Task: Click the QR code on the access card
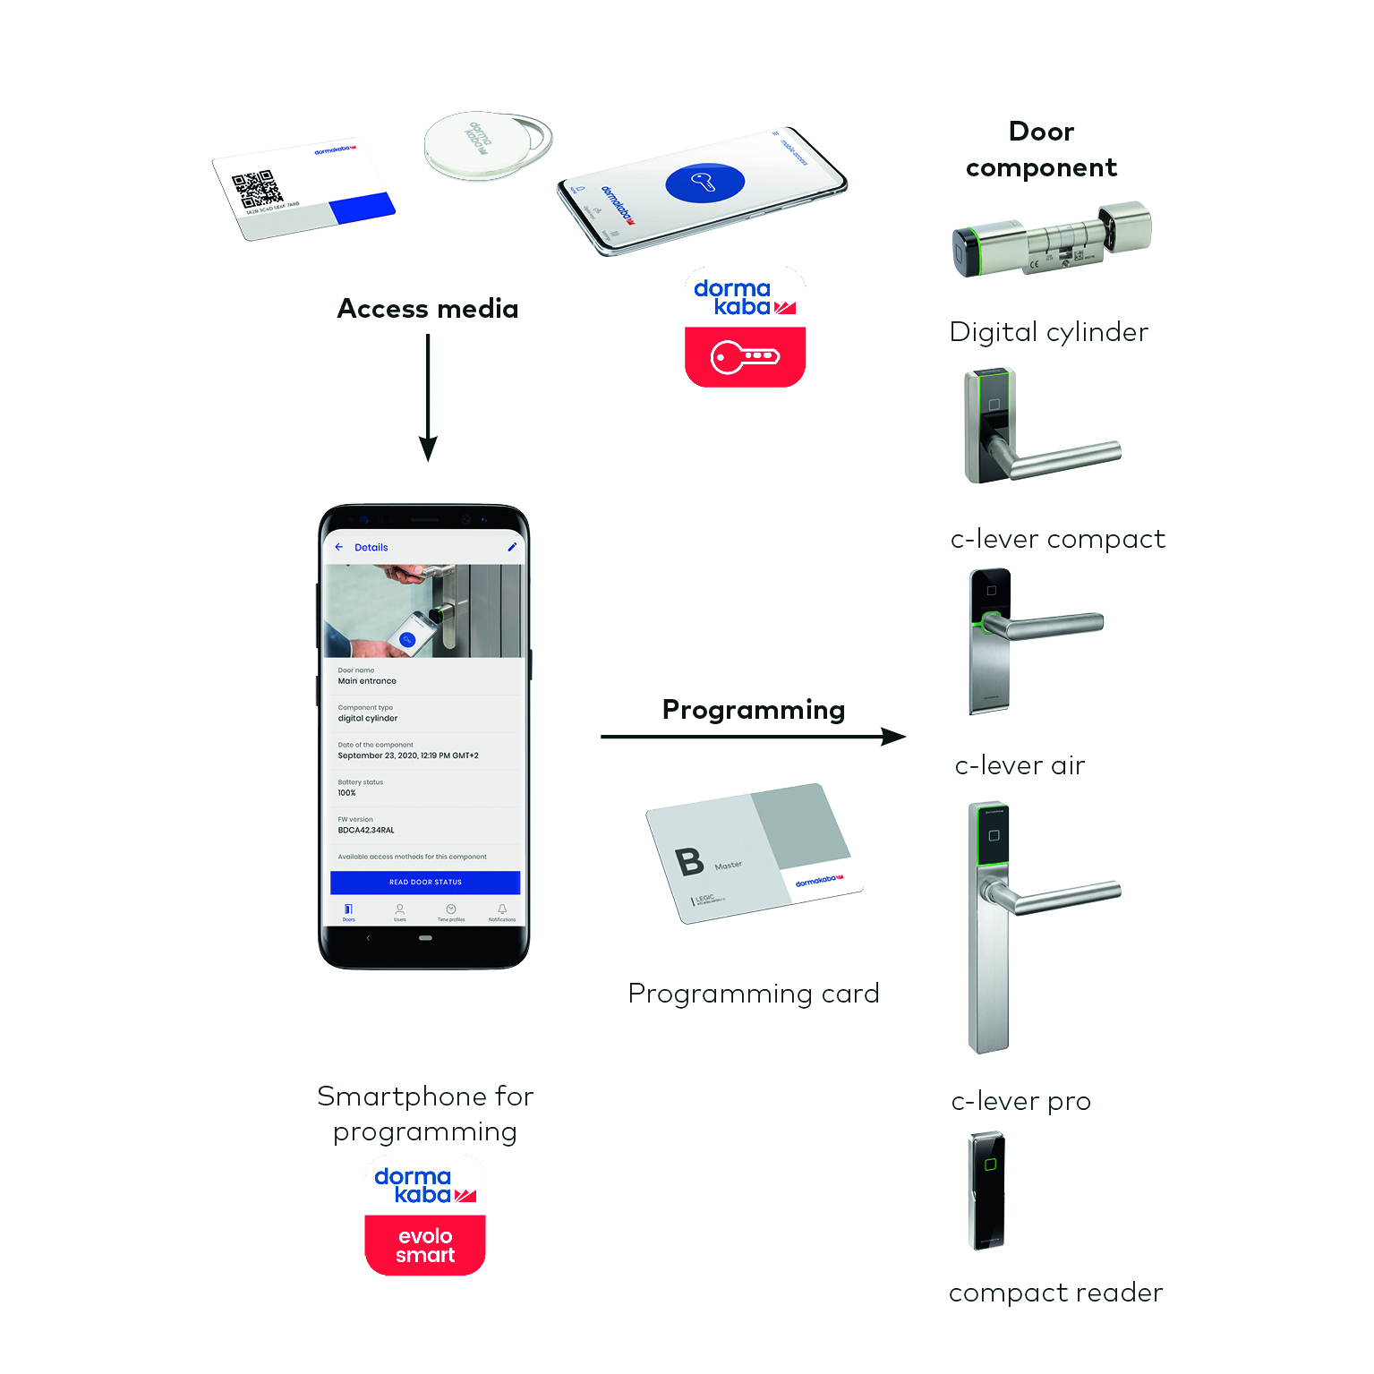[256, 190]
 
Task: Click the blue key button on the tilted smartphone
[704, 183]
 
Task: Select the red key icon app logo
[745, 357]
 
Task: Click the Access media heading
[427, 309]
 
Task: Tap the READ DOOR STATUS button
[425, 882]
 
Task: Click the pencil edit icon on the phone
[512, 547]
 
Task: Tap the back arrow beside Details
[339, 547]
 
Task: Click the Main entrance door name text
[367, 681]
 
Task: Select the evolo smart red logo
[425, 1245]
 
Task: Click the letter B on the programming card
[689, 861]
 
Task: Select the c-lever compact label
[1057, 539]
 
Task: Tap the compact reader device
[987, 1191]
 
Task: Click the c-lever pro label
[1020, 1101]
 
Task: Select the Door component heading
[1041, 149]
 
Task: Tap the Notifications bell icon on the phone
[502, 909]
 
